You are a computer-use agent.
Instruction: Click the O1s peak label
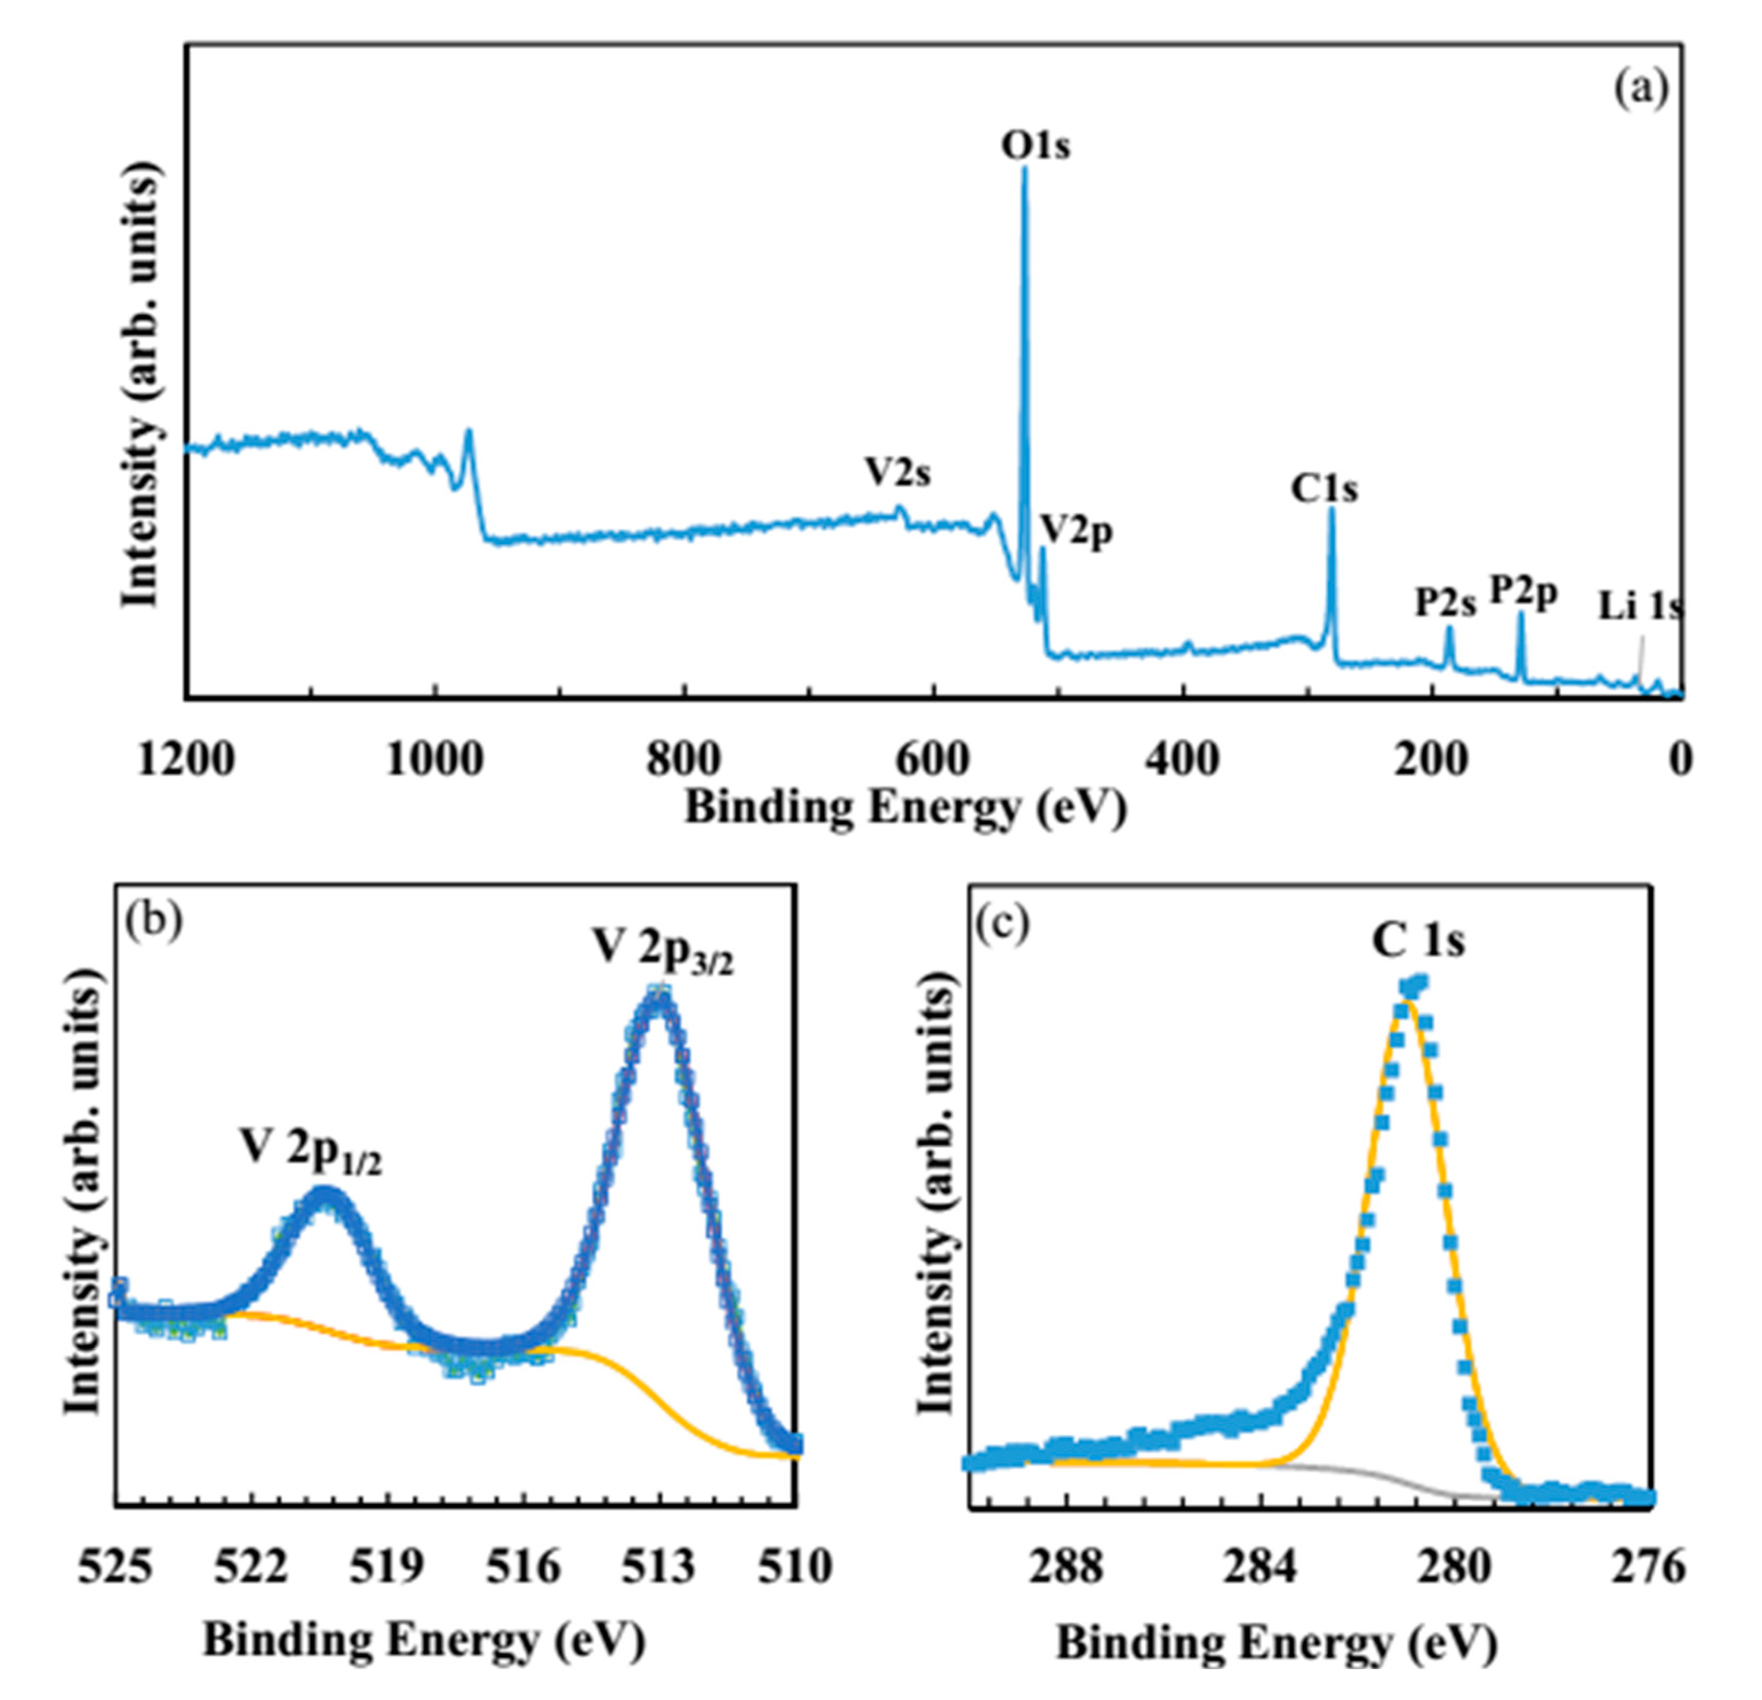tap(1035, 146)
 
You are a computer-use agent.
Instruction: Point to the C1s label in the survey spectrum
tap(1324, 489)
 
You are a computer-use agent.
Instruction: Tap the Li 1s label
tap(1638, 607)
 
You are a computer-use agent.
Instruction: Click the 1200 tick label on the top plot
tap(186, 760)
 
